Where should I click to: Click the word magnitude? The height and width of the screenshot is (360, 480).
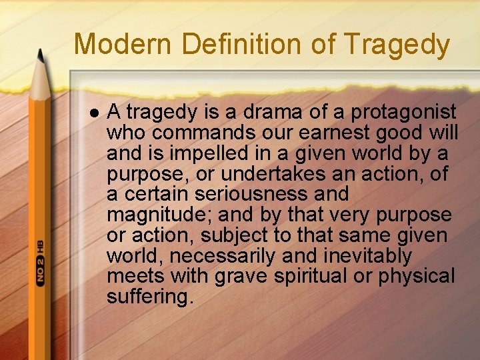click(159, 215)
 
